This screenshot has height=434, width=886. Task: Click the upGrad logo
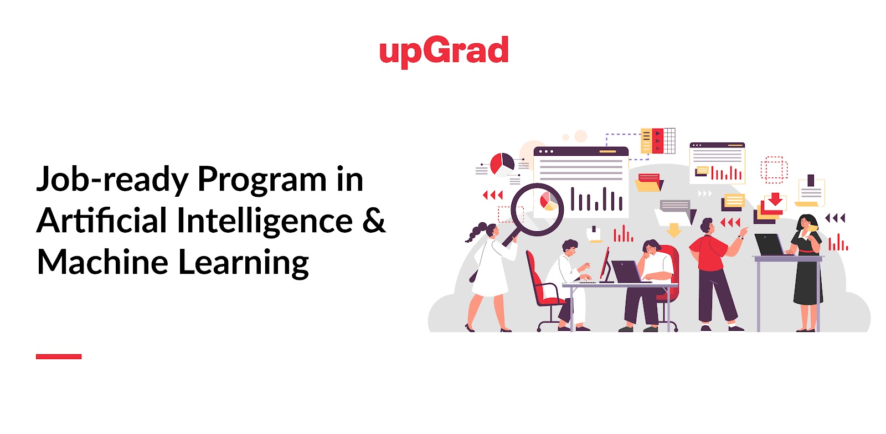click(x=444, y=51)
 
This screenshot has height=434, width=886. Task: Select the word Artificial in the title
click(x=102, y=221)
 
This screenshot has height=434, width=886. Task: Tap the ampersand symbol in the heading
click(x=374, y=220)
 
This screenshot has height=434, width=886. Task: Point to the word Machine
click(x=102, y=262)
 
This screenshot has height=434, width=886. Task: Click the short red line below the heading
click(x=59, y=356)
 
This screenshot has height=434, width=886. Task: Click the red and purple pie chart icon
click(x=502, y=164)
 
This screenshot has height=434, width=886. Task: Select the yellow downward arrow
click(x=674, y=229)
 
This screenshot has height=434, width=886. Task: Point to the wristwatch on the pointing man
click(x=740, y=237)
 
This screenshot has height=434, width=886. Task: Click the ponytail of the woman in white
click(x=475, y=233)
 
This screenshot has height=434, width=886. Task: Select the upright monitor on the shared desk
click(x=605, y=264)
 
